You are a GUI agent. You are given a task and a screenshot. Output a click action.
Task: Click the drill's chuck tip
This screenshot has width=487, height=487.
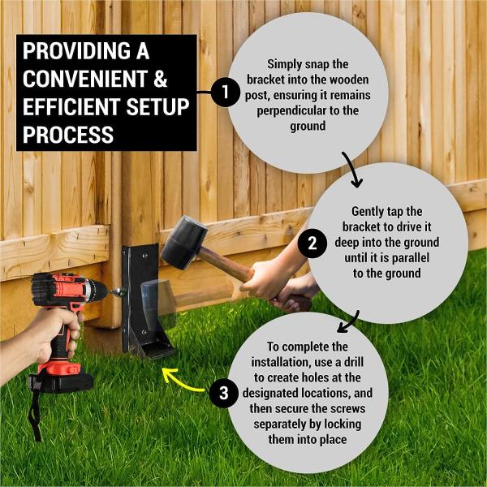119,290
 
